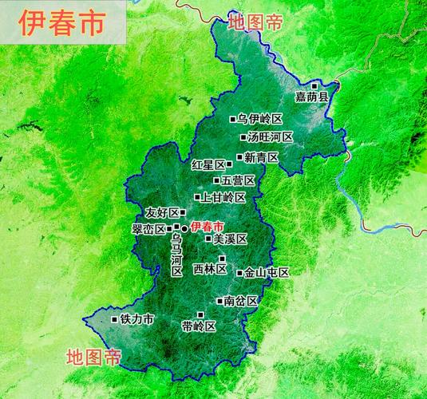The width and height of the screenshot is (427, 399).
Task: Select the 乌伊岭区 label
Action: tap(260, 119)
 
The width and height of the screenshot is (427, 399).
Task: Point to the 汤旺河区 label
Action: tap(271, 137)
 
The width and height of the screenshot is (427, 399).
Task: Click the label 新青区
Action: tap(261, 157)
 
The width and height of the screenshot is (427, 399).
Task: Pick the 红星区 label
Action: tap(208, 165)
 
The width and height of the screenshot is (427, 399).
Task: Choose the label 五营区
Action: tap(238, 180)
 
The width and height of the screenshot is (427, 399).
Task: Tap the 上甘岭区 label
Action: tap(223, 197)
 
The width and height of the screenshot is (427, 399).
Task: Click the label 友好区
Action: tap(162, 213)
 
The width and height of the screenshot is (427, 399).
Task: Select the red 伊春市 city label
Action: tap(208, 227)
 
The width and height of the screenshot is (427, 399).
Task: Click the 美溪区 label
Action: tap(231, 239)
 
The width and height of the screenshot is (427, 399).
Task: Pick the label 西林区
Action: tap(210, 269)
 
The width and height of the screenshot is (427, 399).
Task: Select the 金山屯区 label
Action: tap(267, 273)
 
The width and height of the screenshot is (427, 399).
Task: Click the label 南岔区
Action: tap(240, 301)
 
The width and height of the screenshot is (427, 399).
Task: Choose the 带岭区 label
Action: tap(198, 326)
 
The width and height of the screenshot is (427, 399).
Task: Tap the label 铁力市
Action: tap(136, 319)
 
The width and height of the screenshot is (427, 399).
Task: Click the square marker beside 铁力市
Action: tap(114, 319)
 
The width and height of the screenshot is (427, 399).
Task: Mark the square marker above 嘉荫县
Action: tap(315, 85)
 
